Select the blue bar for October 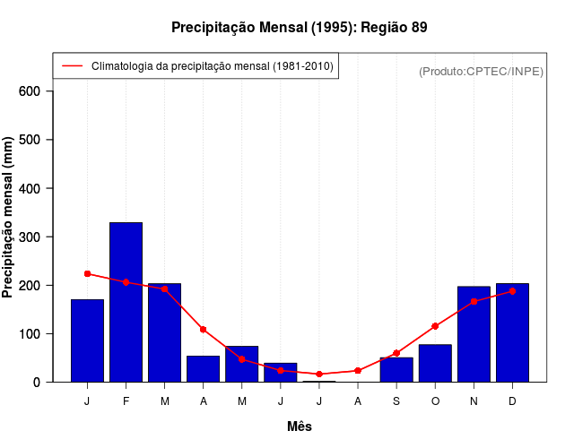(x=435, y=363)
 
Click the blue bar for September (x=396, y=369)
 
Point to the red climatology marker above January (x=87, y=273)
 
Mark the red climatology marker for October (x=435, y=326)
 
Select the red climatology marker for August (x=358, y=370)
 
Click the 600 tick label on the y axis (x=30, y=91)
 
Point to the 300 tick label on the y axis (x=30, y=237)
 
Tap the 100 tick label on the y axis (x=30, y=333)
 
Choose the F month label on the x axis (x=126, y=401)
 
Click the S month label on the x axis (x=396, y=401)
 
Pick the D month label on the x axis (x=512, y=401)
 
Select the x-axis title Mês (x=300, y=426)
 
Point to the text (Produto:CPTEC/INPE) (x=481, y=71)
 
